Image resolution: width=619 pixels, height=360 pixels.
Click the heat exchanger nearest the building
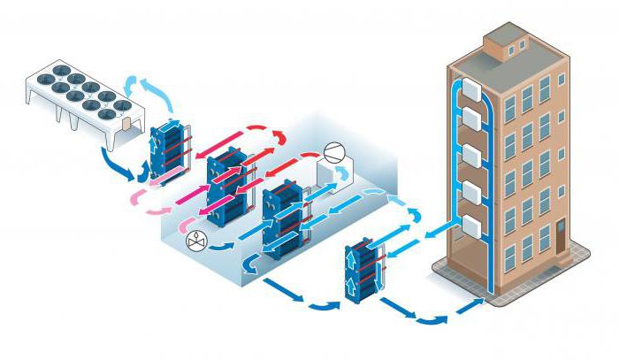362,266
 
